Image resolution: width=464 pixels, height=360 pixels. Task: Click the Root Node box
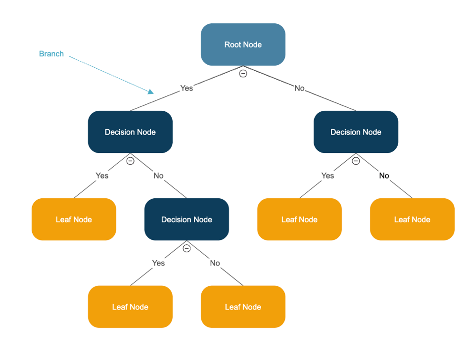pyautogui.click(x=243, y=45)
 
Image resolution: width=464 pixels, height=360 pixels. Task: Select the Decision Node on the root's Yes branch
pyautogui.click(x=130, y=132)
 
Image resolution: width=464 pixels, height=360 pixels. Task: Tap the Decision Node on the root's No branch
pyautogui.click(x=356, y=132)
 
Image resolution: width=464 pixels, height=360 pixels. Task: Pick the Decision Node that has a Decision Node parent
pyautogui.click(x=186, y=220)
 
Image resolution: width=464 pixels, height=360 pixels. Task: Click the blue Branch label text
pyautogui.click(x=51, y=54)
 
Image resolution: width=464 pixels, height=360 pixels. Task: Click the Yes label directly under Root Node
pyautogui.click(x=186, y=88)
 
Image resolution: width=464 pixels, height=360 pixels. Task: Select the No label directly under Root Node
pyautogui.click(x=299, y=88)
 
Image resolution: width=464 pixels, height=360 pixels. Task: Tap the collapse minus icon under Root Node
pyautogui.click(x=243, y=74)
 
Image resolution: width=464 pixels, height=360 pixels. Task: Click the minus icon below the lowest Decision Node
pyautogui.click(x=186, y=248)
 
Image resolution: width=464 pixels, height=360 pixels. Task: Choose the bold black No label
pyautogui.click(x=384, y=176)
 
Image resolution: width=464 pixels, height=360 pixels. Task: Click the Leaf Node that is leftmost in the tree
pyautogui.click(x=74, y=220)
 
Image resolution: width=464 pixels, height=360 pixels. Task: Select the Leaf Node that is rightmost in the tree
pyautogui.click(x=412, y=220)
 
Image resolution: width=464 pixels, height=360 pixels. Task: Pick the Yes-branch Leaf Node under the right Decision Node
pyautogui.click(x=299, y=220)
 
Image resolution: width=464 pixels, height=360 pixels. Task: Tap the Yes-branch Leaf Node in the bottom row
pyautogui.click(x=130, y=307)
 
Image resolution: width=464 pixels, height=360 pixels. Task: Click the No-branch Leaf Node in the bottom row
pyautogui.click(x=243, y=307)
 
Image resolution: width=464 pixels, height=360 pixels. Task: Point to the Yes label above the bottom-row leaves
pyautogui.click(x=158, y=263)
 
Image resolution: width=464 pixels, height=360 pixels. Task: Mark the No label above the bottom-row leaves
pyautogui.click(x=215, y=263)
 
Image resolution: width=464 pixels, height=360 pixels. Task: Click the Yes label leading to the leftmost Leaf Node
pyautogui.click(x=102, y=176)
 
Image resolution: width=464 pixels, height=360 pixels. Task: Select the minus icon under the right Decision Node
pyautogui.click(x=356, y=161)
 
